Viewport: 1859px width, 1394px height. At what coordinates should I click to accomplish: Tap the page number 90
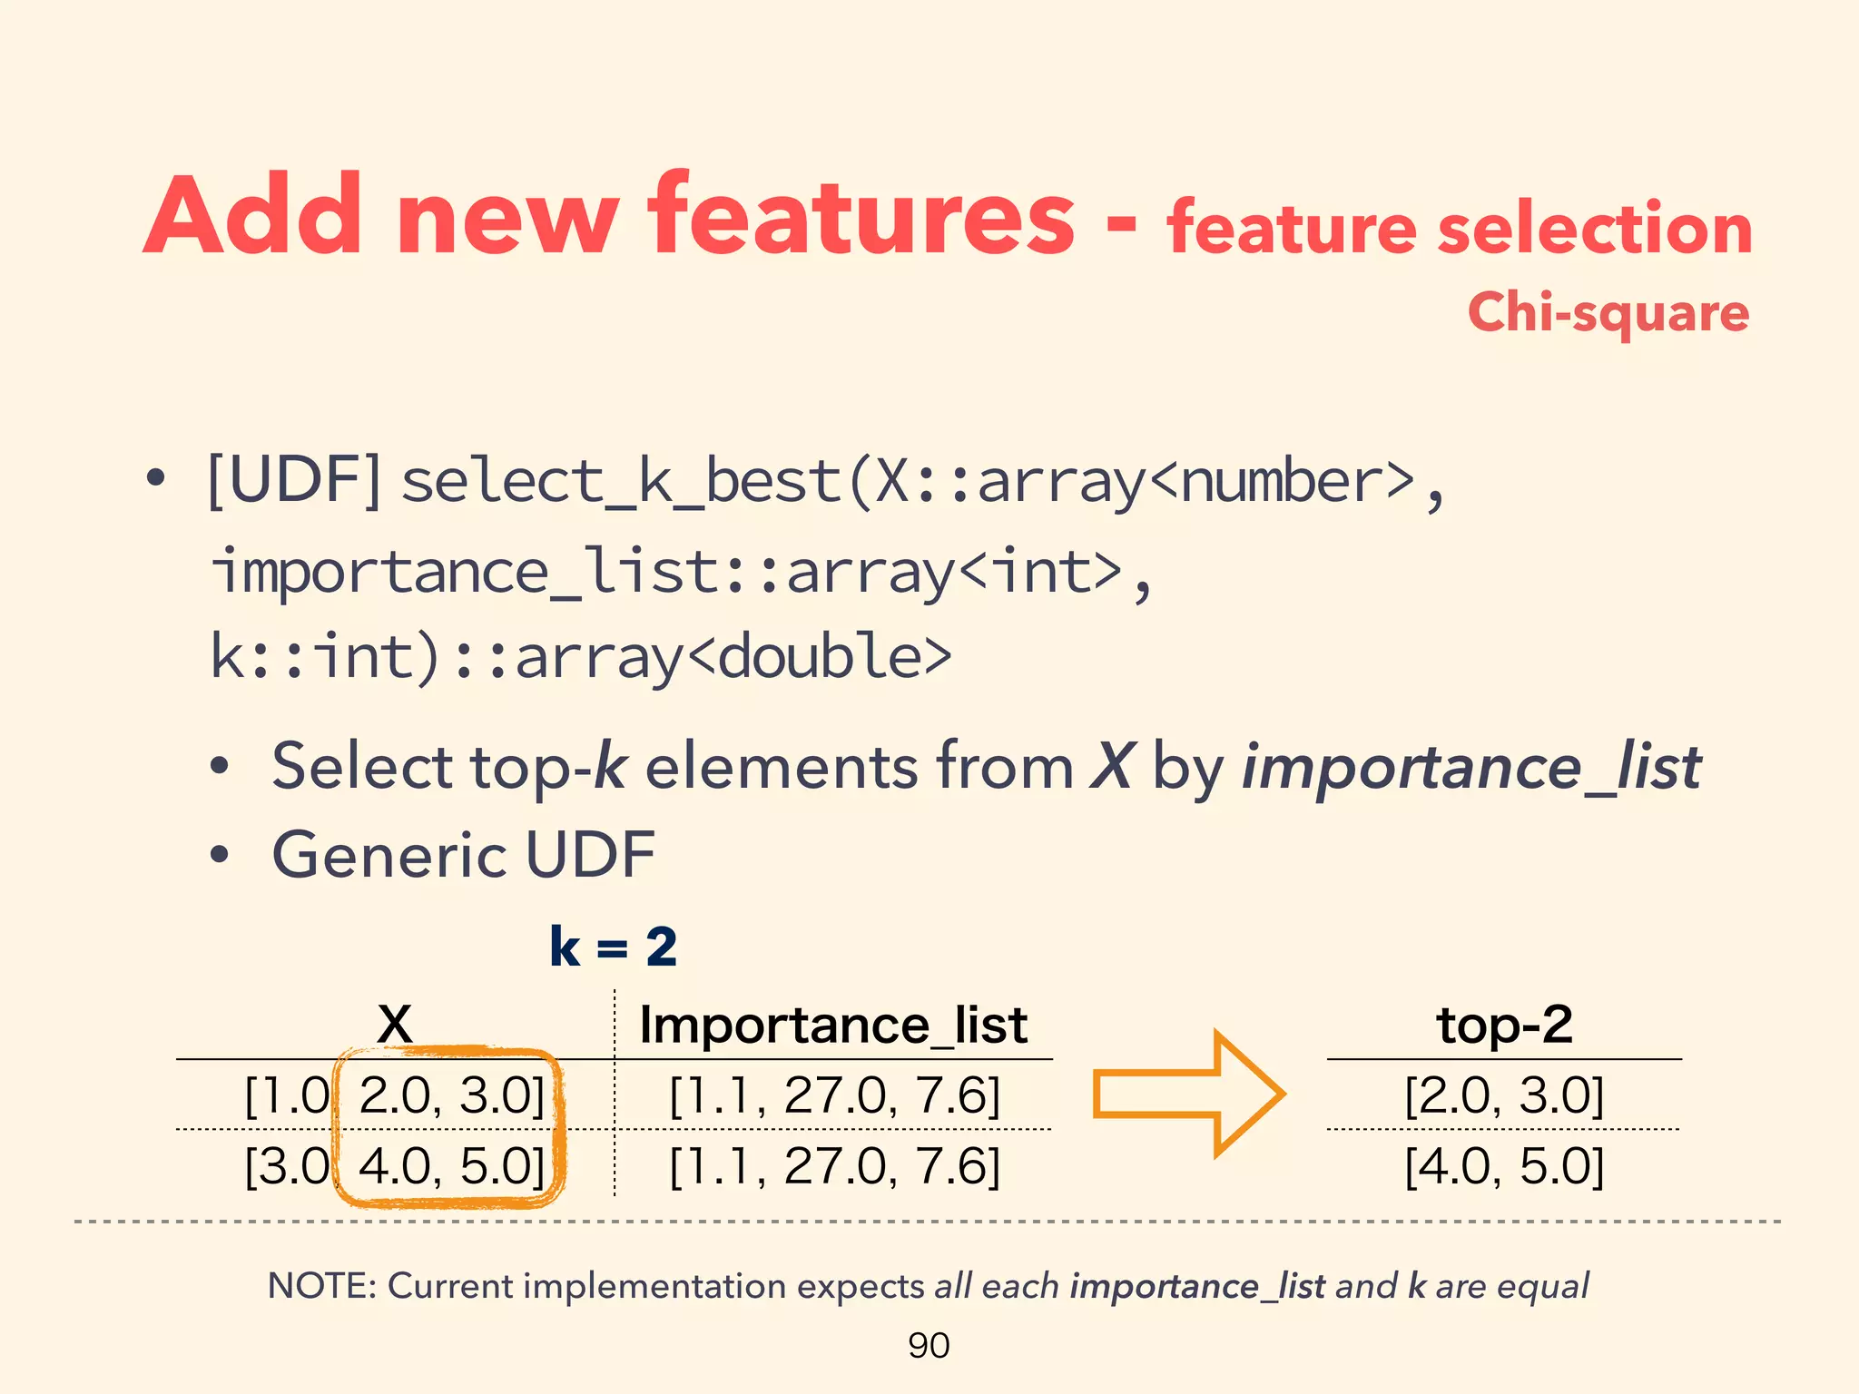coord(929,1345)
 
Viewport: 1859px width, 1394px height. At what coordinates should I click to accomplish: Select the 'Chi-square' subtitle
coord(1608,313)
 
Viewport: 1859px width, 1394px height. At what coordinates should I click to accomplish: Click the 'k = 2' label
coord(614,947)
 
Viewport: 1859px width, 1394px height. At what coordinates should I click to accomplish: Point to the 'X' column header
coord(395,1025)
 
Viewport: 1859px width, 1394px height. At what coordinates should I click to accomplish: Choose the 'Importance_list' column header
coord(833,1026)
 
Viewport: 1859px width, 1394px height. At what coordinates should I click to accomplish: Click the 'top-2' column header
coord(1504,1026)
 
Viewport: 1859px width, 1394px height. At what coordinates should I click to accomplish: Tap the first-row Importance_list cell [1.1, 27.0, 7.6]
coord(834,1095)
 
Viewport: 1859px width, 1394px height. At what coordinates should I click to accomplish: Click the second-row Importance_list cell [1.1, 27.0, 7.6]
coord(834,1166)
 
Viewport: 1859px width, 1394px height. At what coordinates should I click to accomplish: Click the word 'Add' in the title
coord(254,216)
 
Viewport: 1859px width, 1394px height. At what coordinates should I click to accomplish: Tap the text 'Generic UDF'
coord(464,855)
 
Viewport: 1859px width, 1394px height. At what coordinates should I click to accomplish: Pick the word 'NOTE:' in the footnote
coord(321,1286)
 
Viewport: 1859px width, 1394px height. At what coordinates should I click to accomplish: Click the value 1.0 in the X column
coord(290,1095)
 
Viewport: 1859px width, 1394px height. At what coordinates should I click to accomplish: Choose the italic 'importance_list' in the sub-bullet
coord(1470,768)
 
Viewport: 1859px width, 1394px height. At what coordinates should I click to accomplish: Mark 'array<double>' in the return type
coord(733,657)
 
